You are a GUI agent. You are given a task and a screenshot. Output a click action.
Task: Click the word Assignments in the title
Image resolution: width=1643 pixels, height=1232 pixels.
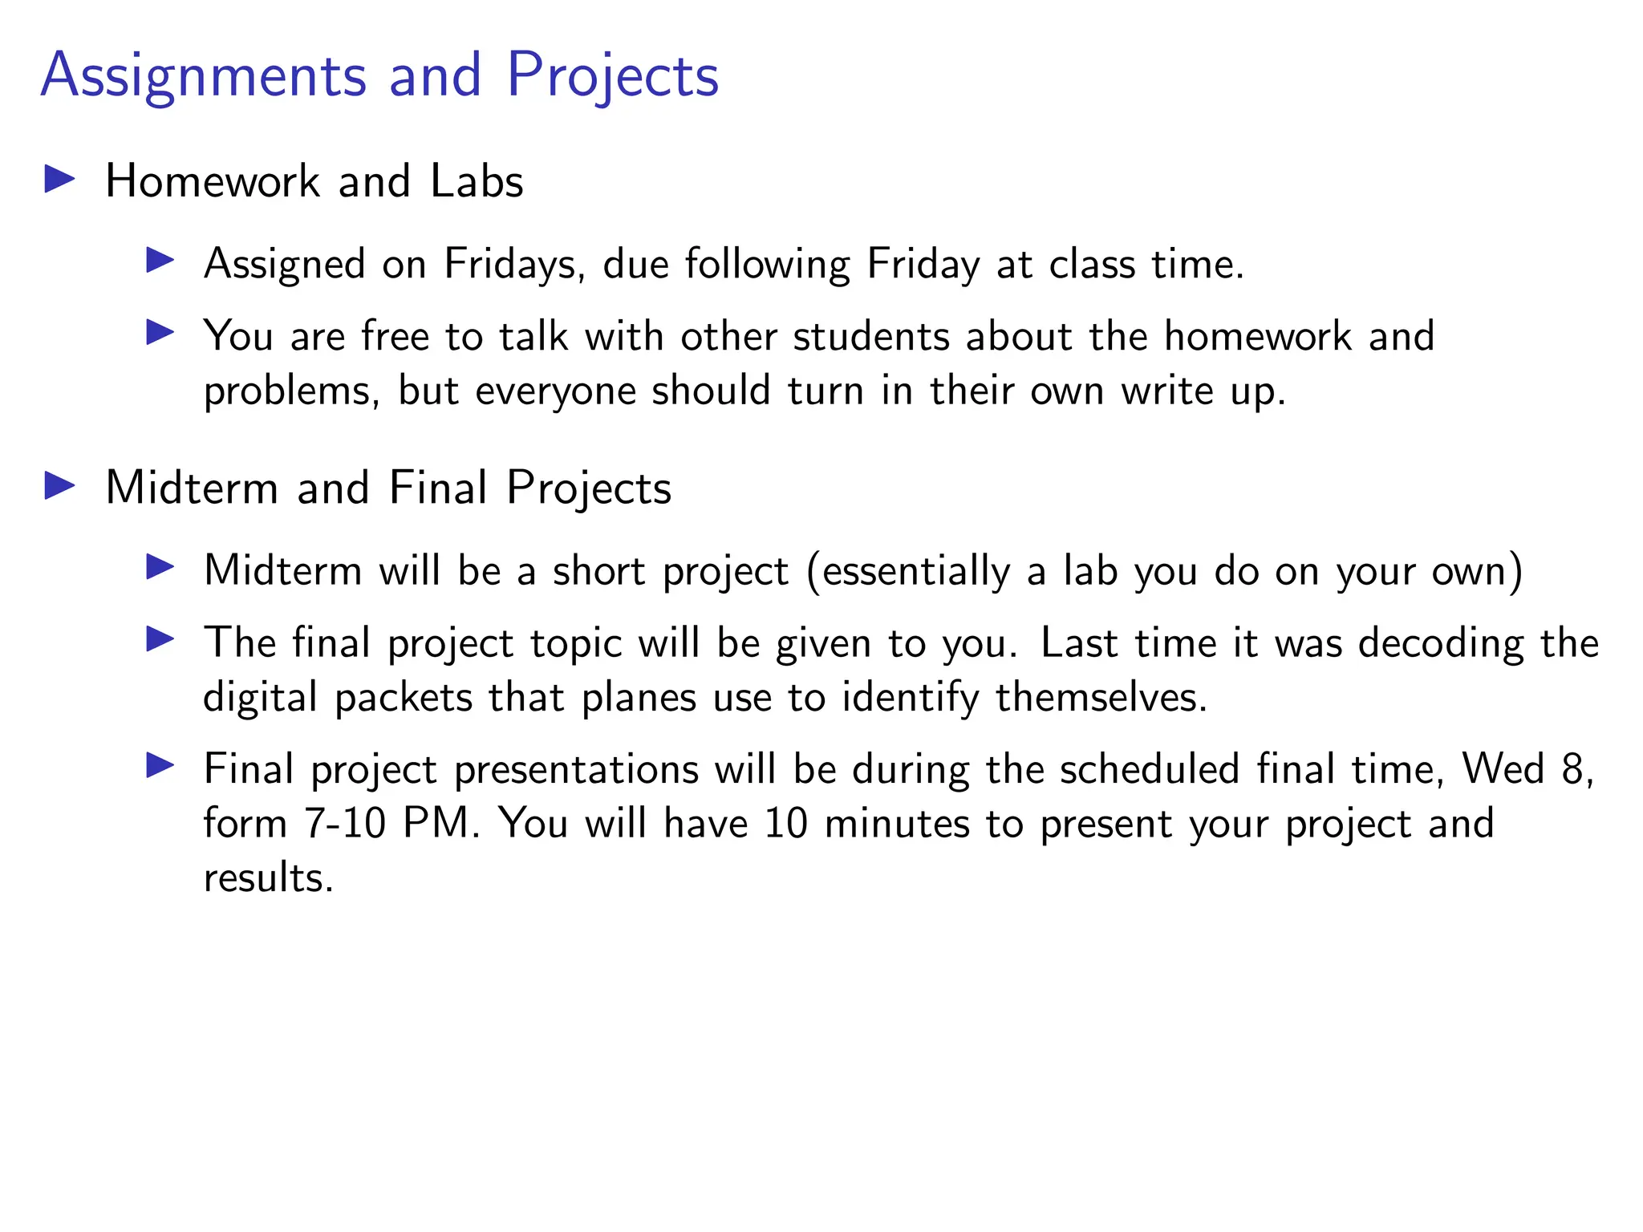[x=204, y=76]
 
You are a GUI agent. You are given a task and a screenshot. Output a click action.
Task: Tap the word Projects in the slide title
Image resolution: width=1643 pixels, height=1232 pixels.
[x=612, y=76]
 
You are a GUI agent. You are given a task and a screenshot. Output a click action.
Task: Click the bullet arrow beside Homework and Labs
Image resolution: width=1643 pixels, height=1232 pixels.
[x=59, y=179]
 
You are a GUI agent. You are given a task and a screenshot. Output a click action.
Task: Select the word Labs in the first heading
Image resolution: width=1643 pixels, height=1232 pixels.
[x=477, y=181]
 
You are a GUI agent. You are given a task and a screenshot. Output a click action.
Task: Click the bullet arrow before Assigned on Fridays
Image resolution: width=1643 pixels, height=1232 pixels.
[x=160, y=261]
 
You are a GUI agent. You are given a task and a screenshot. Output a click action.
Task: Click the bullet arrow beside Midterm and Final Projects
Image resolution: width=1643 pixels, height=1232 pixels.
[x=59, y=485]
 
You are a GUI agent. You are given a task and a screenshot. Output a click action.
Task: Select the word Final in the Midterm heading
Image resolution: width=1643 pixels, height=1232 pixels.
[x=438, y=488]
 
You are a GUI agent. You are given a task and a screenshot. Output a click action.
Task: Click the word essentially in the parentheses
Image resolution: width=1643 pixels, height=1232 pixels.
[x=915, y=572]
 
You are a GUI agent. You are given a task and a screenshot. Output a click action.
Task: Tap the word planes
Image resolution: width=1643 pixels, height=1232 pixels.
[x=639, y=698]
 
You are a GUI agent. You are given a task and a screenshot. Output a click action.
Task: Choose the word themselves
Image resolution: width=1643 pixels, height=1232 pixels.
[x=1101, y=697]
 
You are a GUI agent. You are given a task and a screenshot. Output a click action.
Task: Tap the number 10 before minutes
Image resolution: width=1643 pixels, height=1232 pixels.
[x=785, y=823]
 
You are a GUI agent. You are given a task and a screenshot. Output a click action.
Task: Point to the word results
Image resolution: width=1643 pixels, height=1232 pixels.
[x=268, y=877]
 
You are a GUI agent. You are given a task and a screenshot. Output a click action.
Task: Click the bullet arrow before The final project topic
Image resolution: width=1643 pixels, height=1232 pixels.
[x=160, y=639]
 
